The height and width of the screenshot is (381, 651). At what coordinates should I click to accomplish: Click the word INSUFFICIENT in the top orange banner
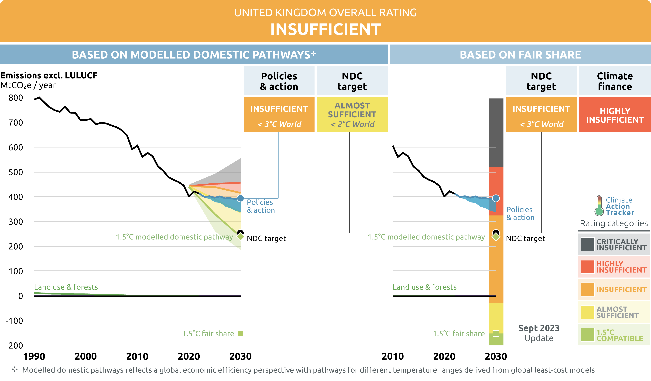(x=325, y=29)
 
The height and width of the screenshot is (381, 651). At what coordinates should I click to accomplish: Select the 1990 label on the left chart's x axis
(x=34, y=357)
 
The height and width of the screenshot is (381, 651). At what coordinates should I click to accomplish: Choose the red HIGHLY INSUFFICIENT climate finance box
(x=615, y=115)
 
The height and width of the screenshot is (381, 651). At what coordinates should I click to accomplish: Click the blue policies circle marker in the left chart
(x=240, y=198)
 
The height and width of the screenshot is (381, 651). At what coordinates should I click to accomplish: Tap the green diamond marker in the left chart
(x=240, y=237)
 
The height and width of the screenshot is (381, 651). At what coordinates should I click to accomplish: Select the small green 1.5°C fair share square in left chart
(x=240, y=334)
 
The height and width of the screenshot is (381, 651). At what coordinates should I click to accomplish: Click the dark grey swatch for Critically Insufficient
(x=587, y=244)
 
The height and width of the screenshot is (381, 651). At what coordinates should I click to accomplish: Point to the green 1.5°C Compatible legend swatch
(x=587, y=335)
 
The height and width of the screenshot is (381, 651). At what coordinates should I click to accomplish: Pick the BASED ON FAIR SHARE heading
(x=520, y=55)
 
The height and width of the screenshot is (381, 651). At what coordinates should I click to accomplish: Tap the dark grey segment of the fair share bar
(x=496, y=133)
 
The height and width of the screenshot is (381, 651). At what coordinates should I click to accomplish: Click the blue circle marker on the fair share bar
(x=496, y=198)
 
